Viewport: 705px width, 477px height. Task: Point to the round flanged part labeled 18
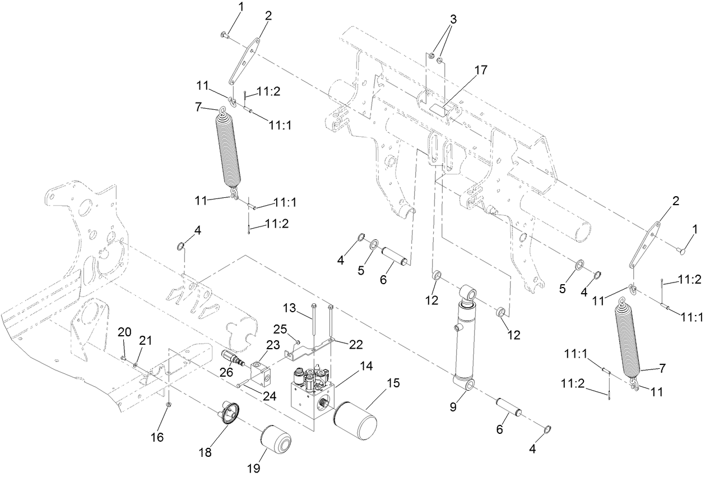coord(230,413)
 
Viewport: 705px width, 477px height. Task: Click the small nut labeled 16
coord(168,404)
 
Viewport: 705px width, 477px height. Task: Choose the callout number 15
coord(392,383)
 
